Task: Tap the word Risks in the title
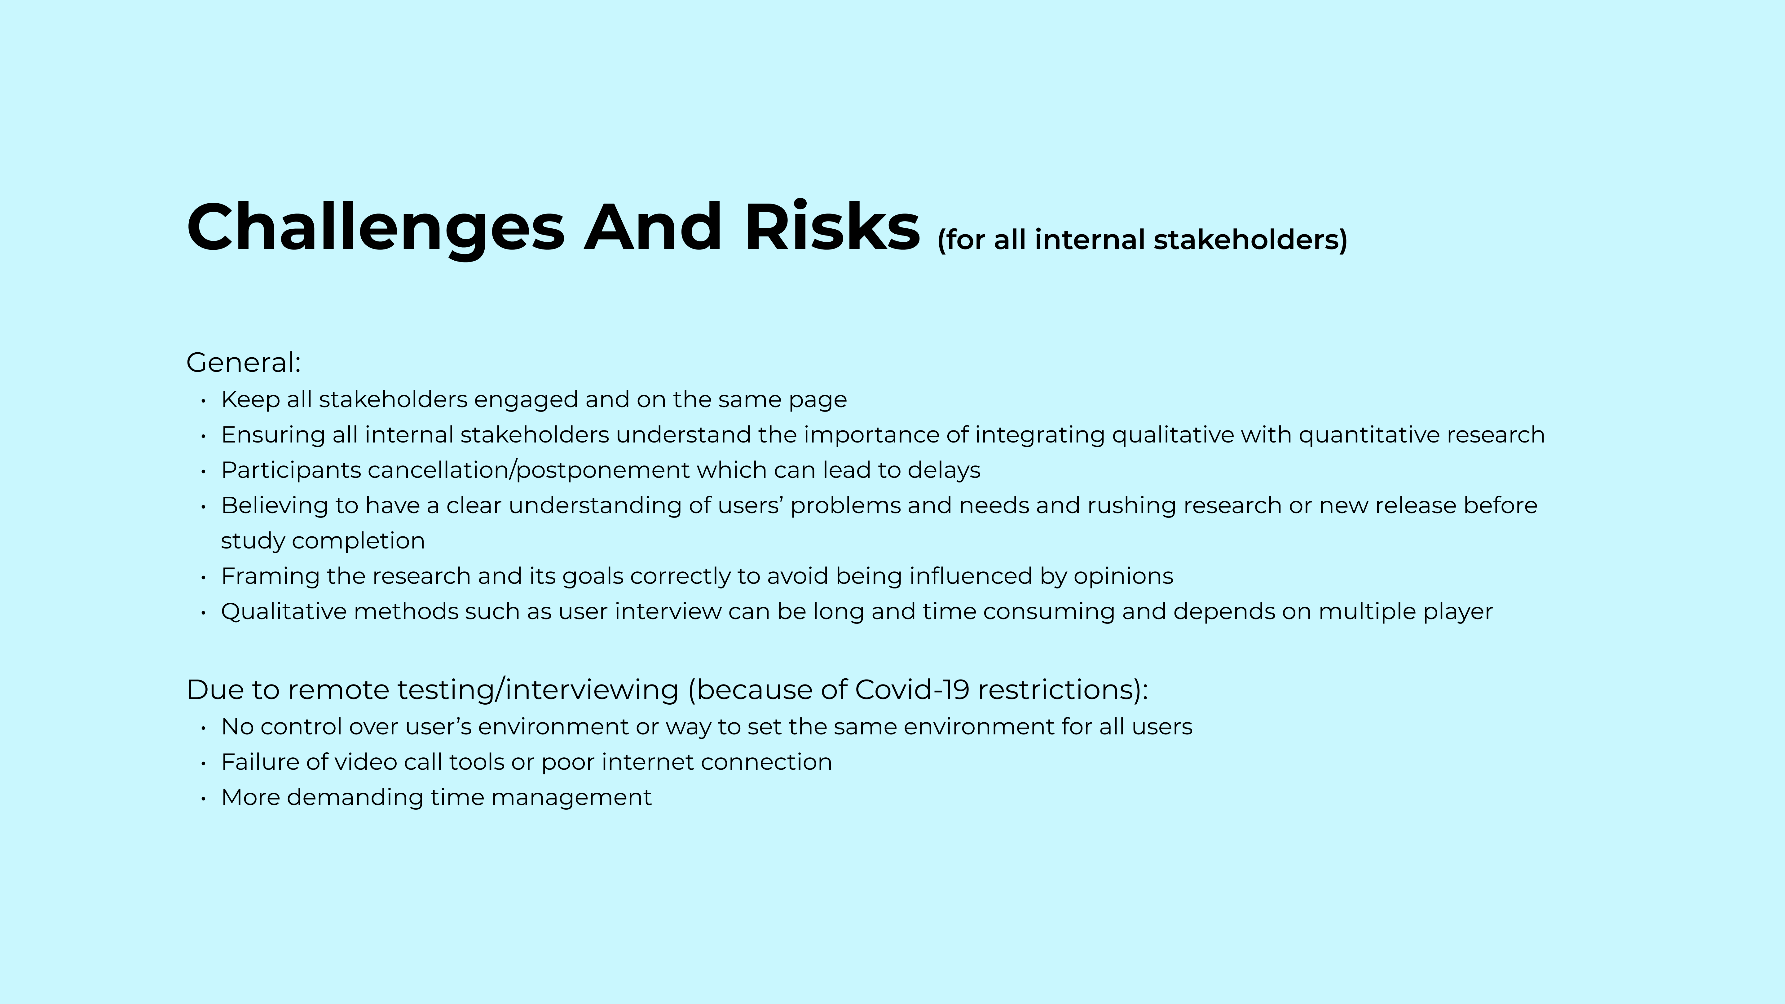831,227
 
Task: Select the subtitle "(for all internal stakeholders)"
1142,240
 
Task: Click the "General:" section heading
243,362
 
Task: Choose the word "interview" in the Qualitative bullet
668,612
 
